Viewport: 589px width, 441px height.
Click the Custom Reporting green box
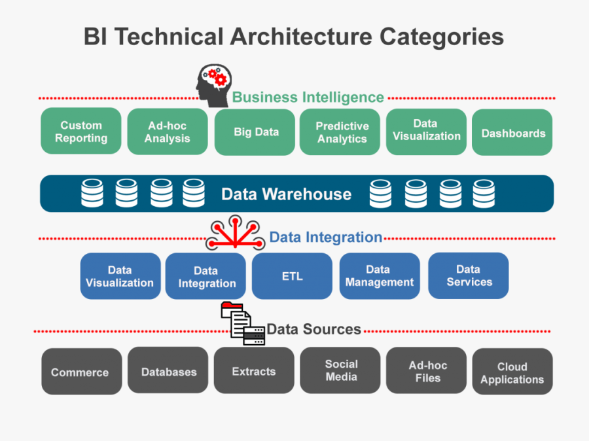tap(81, 132)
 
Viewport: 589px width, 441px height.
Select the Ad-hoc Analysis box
tap(167, 132)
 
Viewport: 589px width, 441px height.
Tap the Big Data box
tap(256, 132)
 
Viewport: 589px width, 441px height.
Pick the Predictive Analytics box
tap(342, 132)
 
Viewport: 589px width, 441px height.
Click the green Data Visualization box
tap(426, 132)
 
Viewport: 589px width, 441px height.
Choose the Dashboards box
tap(512, 133)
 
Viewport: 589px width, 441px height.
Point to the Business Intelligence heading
tap(308, 97)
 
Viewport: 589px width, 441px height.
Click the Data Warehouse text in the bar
tap(286, 194)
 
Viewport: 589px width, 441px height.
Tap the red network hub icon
tap(235, 234)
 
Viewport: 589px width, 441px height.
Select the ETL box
tap(292, 276)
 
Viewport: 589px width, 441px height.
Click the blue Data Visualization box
tap(120, 276)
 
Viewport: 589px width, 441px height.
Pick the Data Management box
tap(380, 276)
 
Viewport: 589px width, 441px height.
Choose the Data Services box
tap(469, 275)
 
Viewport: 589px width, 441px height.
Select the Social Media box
tap(341, 370)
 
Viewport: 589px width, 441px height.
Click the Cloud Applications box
tap(512, 372)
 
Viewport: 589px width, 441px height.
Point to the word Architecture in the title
tap(330, 37)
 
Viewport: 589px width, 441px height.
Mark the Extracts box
tap(253, 371)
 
